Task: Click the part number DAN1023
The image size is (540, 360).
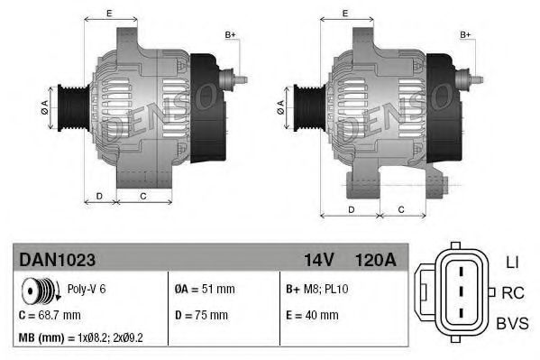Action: (58, 259)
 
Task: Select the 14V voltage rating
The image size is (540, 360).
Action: (319, 259)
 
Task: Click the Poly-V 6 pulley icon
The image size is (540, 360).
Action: (38, 291)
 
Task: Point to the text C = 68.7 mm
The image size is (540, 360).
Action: (50, 315)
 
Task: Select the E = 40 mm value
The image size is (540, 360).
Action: (311, 315)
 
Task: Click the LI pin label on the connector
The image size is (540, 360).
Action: (511, 263)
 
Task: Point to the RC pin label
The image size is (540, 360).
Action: (512, 292)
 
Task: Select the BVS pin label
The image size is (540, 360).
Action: (512, 322)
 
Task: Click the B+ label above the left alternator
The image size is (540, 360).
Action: (229, 34)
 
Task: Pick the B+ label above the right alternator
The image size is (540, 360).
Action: (466, 34)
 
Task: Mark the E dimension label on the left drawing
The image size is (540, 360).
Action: (108, 14)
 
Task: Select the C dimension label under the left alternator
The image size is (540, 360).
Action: (143, 195)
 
